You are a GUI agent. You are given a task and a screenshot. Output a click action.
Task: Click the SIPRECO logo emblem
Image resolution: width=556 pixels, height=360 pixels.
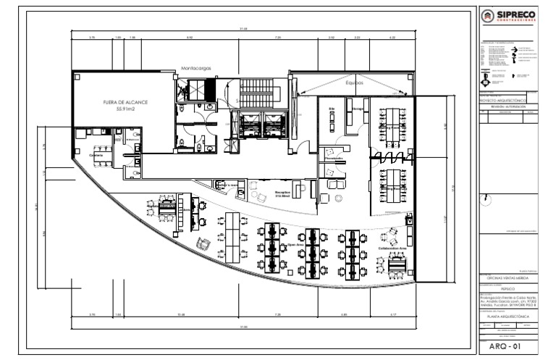pos(490,17)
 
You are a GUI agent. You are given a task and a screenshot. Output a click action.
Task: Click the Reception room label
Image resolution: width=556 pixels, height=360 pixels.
pos(282,192)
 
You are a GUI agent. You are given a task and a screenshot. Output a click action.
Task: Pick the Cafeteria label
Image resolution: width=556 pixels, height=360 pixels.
pos(96,155)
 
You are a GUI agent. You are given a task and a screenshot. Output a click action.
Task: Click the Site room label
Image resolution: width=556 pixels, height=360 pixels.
pos(332,109)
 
